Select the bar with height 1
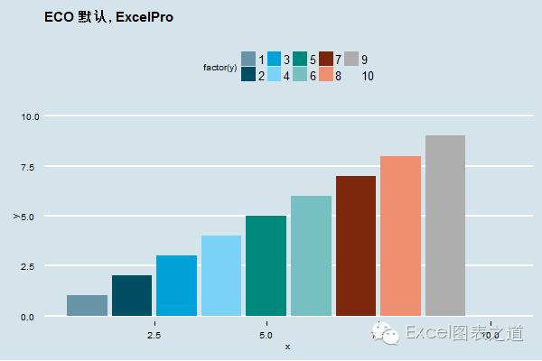pyautogui.click(x=88, y=305)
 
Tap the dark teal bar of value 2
pyautogui.click(x=132, y=295)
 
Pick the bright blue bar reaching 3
pyautogui.click(x=176, y=285)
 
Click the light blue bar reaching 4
pyautogui.click(x=221, y=275)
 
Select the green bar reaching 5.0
pyautogui.click(x=266, y=265)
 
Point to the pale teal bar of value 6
pyautogui.click(x=311, y=255)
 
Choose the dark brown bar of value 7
pyautogui.click(x=355, y=245)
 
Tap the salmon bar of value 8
pyautogui.click(x=400, y=236)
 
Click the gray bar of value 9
pyautogui.click(x=445, y=226)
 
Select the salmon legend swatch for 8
pyautogui.click(x=326, y=75)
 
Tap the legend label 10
pyautogui.click(x=368, y=76)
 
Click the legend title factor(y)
pyautogui.click(x=220, y=68)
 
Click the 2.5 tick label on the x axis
pyautogui.click(x=154, y=335)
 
